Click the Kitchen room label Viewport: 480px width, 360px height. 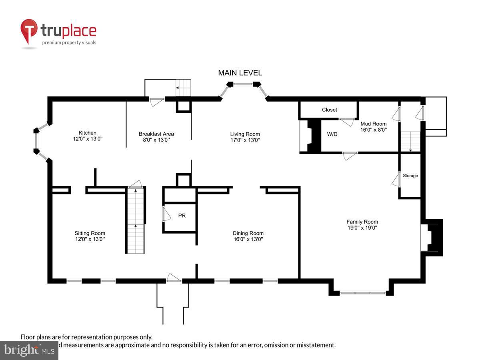click(87, 133)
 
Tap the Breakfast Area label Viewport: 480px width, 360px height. click(156, 134)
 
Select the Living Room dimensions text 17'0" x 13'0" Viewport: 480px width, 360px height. click(245, 140)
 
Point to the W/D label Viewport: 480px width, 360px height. click(332, 134)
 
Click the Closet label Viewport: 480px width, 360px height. click(330, 110)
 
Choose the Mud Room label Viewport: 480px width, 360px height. click(373, 124)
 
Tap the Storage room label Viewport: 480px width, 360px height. click(410, 176)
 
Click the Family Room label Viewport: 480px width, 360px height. click(362, 222)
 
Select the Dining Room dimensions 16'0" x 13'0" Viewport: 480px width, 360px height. click(248, 239)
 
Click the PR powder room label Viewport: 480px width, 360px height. click(182, 216)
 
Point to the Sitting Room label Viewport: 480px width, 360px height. click(90, 233)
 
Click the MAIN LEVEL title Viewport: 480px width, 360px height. click(240, 73)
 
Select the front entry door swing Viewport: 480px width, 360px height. click(174, 278)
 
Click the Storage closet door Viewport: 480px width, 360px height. click(396, 180)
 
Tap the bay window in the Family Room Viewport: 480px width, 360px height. click(362, 293)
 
